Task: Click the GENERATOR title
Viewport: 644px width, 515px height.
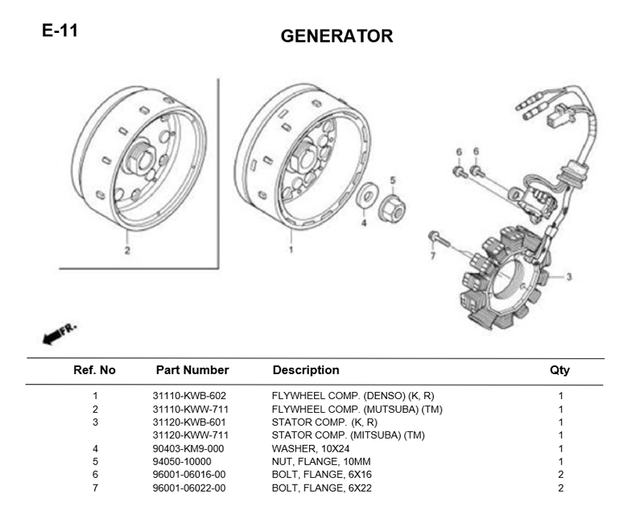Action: tap(336, 36)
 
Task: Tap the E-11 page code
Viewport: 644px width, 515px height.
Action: tap(60, 31)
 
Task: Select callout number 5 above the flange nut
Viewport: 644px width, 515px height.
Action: tap(393, 180)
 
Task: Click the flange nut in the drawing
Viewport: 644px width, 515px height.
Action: tap(391, 208)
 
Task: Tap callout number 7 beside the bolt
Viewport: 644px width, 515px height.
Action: tap(432, 256)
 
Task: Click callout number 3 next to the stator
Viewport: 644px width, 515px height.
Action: tap(569, 277)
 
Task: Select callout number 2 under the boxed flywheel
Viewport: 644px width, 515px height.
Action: tap(127, 250)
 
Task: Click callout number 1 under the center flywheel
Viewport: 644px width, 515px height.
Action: tap(291, 249)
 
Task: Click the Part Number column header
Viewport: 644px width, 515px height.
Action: tap(192, 370)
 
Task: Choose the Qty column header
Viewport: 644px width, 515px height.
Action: tap(559, 370)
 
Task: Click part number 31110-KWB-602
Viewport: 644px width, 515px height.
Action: tap(189, 396)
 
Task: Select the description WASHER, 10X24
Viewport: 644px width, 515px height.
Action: tap(311, 448)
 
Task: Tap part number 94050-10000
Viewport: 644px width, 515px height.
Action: tap(182, 462)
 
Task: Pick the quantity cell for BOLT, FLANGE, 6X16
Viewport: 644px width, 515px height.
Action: tap(560, 475)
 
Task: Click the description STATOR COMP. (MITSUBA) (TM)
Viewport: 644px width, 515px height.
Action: tap(349, 435)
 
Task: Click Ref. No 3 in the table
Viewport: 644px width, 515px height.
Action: tap(95, 422)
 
